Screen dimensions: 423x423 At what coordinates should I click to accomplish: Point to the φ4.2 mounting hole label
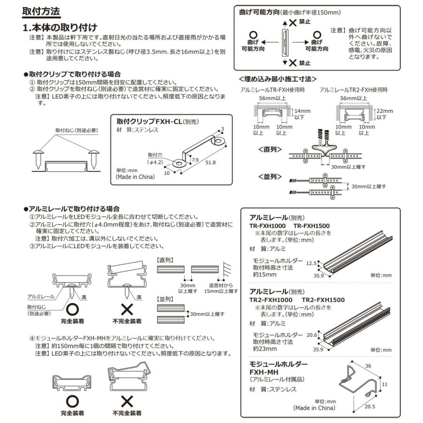156,162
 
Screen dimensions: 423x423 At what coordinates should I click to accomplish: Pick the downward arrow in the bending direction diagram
284,62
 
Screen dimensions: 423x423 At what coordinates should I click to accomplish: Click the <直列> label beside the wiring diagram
270,149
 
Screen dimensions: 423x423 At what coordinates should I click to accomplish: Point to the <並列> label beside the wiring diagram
270,177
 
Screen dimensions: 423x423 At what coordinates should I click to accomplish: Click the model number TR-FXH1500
312,225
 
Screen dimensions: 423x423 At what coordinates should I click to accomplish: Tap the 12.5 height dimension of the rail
312,264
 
